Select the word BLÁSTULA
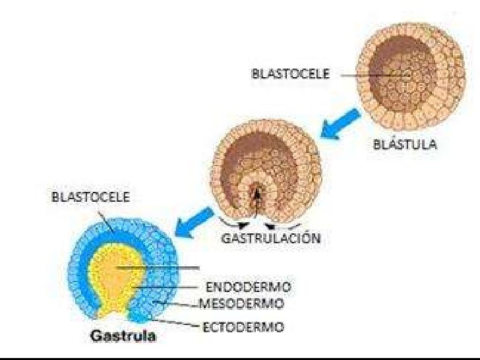pos(404,146)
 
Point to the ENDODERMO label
pos(249,287)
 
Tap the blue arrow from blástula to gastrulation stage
pos(340,125)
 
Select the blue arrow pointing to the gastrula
pos(192,221)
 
